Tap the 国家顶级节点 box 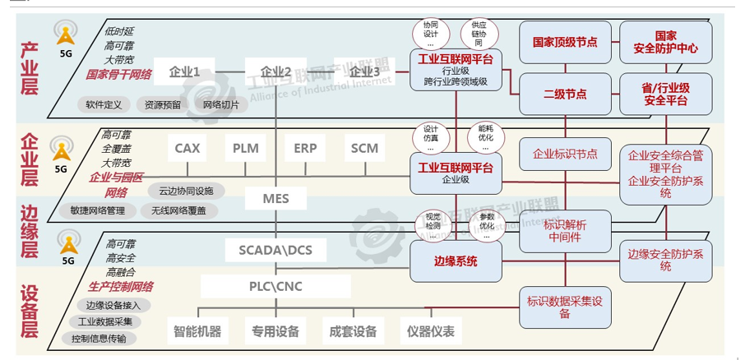565,42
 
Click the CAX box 187,149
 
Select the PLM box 246,149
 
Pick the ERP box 305,149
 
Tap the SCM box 364,149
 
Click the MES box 275,198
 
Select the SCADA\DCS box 275,249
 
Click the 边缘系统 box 456,261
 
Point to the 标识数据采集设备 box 565,307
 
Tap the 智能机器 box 197,332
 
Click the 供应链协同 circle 479,35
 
